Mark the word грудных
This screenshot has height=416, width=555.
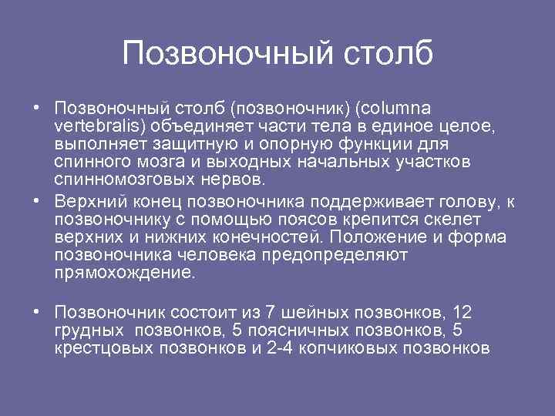[x=89, y=330]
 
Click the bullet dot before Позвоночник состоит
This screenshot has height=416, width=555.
[x=37, y=313]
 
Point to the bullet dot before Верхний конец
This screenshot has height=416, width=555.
[x=37, y=202]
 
